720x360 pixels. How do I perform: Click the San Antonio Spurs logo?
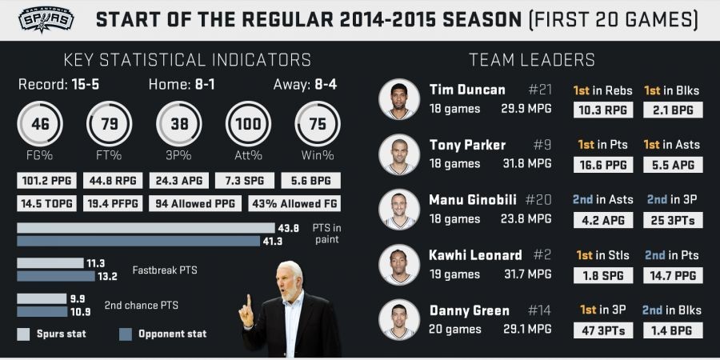tap(47, 19)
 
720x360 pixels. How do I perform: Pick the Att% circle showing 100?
tap(249, 125)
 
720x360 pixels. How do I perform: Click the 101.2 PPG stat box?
tap(47, 181)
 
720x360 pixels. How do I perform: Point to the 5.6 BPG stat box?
tap(311, 181)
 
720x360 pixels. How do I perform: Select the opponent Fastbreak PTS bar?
tap(55, 276)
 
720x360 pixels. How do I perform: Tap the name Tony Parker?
tap(467, 145)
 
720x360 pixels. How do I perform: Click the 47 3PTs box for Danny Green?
tap(599, 330)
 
